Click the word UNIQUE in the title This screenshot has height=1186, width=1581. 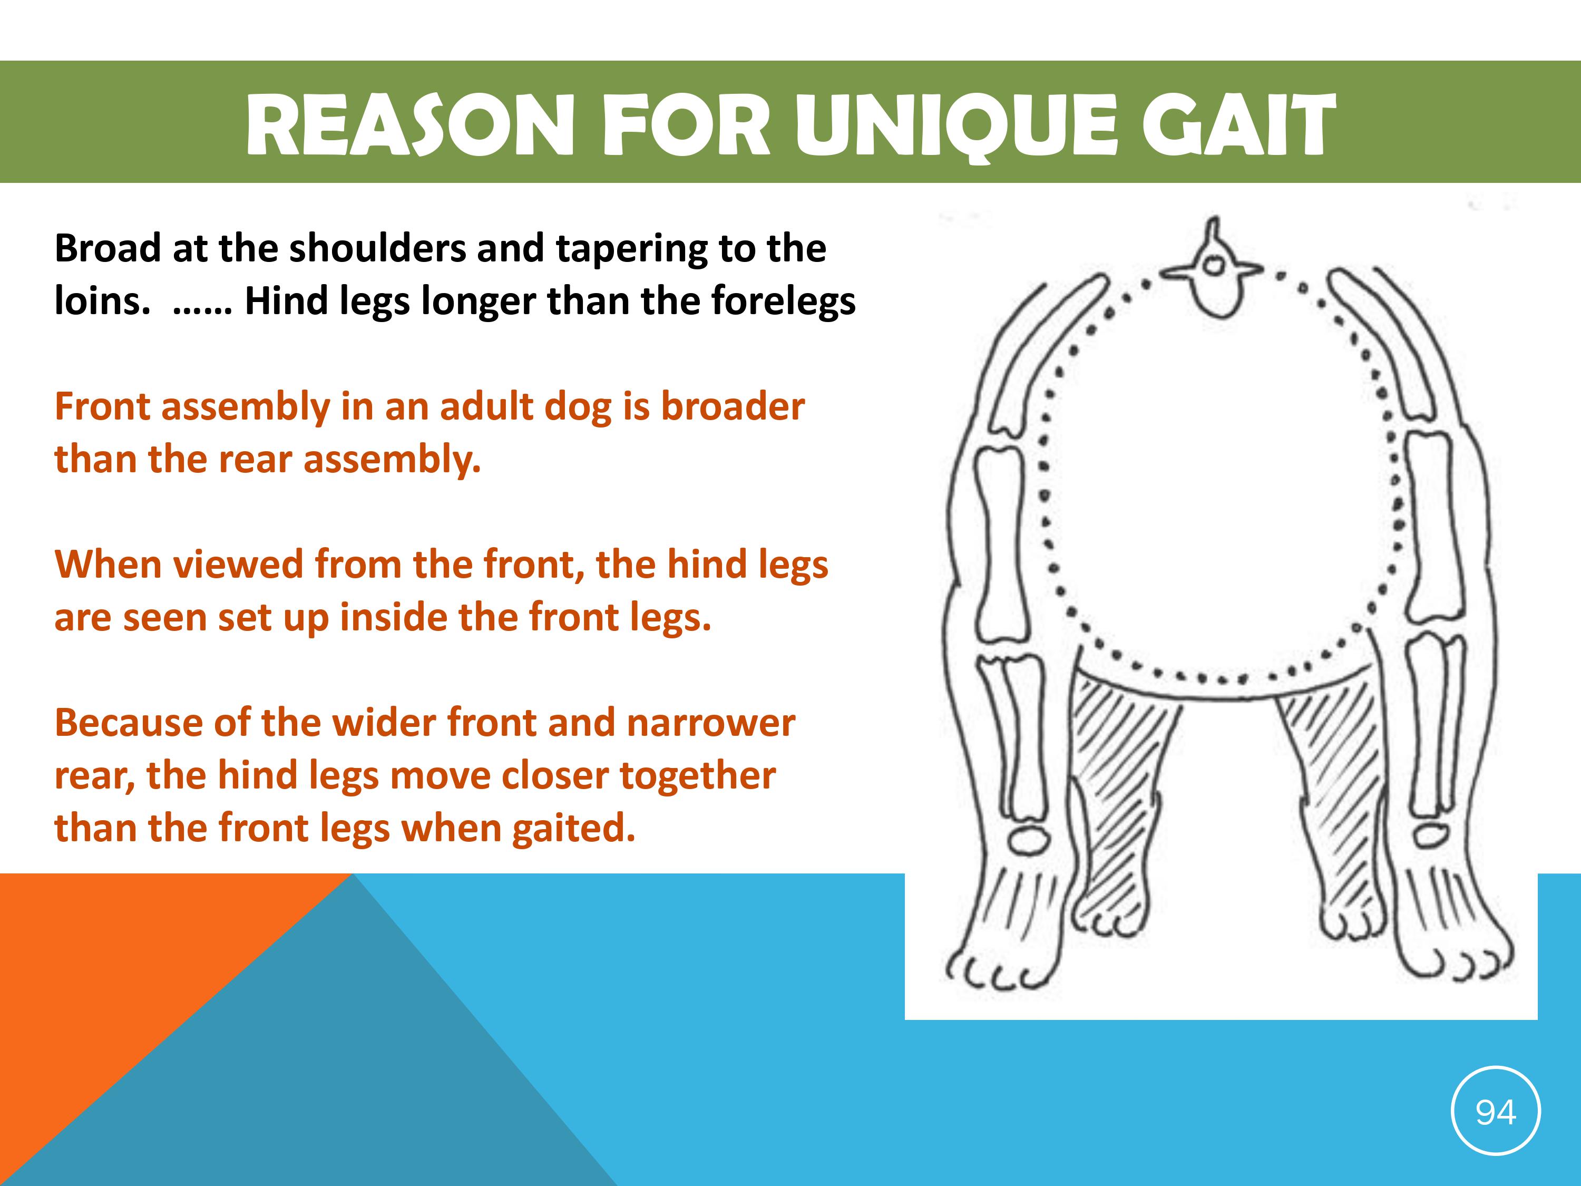[955, 125]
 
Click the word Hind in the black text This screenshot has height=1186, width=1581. [279, 300]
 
